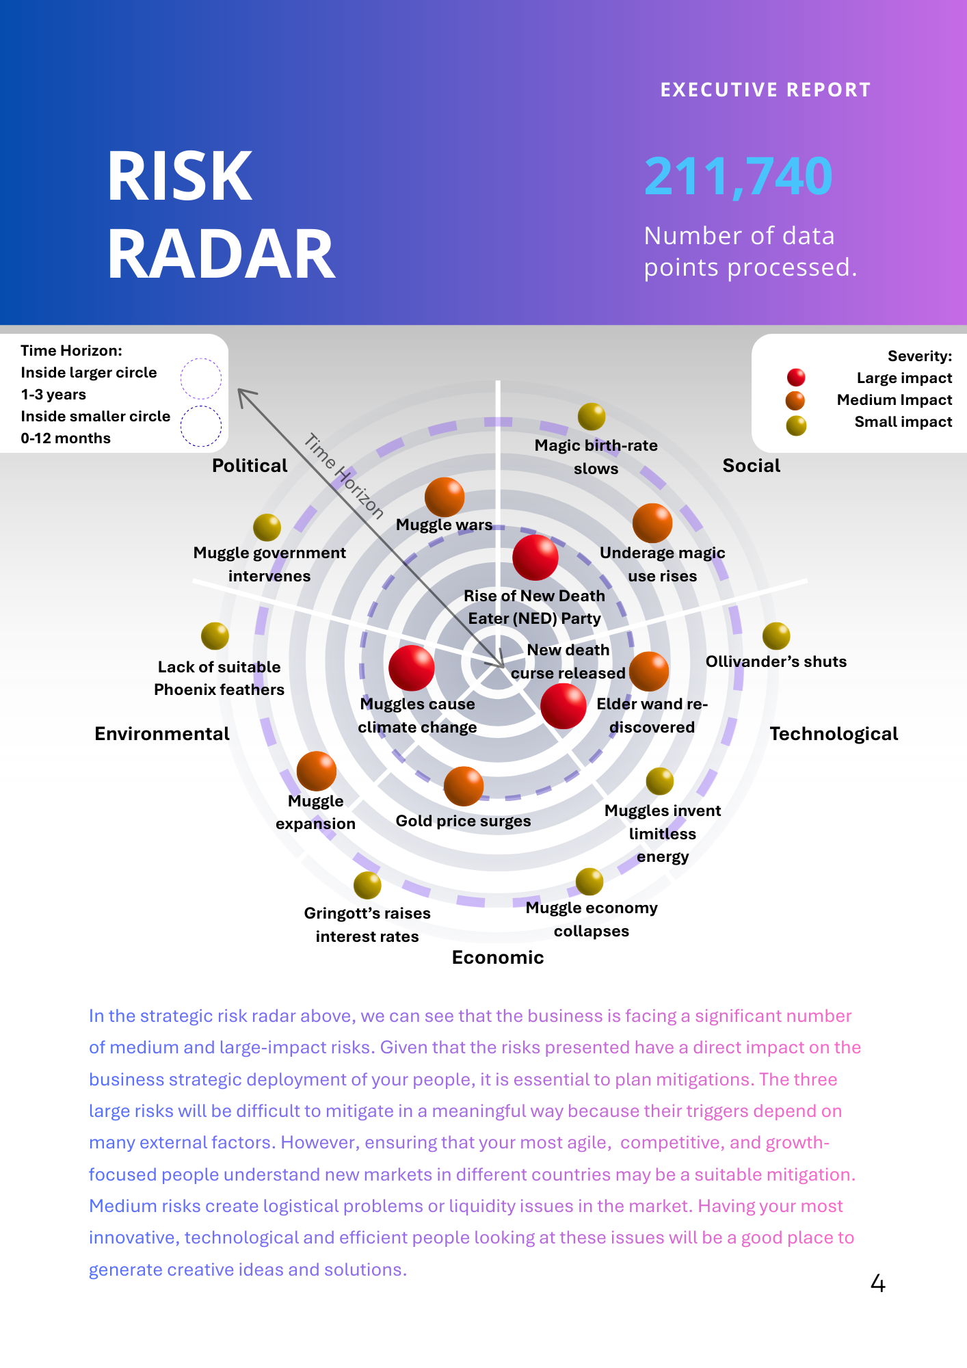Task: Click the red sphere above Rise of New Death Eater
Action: (535, 557)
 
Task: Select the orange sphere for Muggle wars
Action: (445, 497)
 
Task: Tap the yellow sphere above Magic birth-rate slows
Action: (592, 417)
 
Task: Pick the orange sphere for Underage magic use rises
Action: (652, 523)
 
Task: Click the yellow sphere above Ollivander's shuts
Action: (776, 636)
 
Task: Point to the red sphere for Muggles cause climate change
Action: (412, 668)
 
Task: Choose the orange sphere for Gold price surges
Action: (464, 786)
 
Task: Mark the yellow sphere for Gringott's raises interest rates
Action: (367, 885)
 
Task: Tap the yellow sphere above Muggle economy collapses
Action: (590, 882)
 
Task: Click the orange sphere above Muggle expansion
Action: (317, 771)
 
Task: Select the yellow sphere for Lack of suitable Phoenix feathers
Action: (215, 636)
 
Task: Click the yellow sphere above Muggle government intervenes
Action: (267, 527)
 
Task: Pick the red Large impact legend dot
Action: (796, 378)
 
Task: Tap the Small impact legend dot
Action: (796, 425)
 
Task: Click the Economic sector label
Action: (498, 958)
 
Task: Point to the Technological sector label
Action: (834, 734)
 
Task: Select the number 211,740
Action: (739, 176)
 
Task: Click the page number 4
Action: (878, 1284)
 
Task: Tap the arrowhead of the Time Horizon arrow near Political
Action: (241, 392)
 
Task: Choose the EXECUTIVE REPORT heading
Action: (765, 90)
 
